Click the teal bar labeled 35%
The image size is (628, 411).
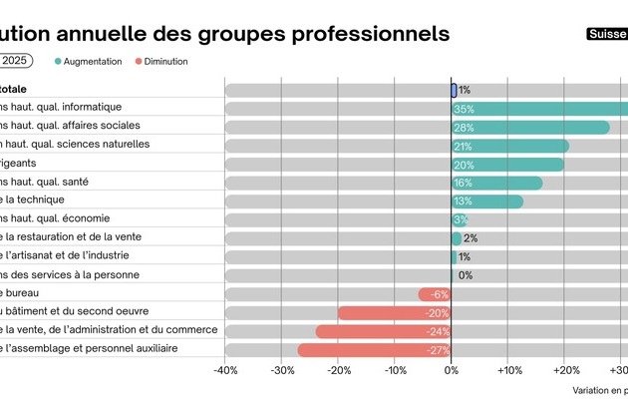(539, 109)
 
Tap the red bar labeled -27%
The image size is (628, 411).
(374, 350)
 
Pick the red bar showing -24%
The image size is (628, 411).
(383, 331)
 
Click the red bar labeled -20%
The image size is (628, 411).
(394, 313)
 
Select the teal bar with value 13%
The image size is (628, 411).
(487, 202)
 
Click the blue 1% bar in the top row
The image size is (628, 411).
(454, 90)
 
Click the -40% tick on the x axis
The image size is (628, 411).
(225, 371)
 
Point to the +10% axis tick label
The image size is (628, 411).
(508, 371)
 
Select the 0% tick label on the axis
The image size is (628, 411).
(452, 371)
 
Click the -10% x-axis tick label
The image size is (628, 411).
(395, 371)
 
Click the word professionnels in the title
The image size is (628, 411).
(370, 34)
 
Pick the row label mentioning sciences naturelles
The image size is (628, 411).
(75, 145)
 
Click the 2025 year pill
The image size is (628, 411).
(14, 61)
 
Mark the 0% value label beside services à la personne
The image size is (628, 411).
(466, 275)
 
